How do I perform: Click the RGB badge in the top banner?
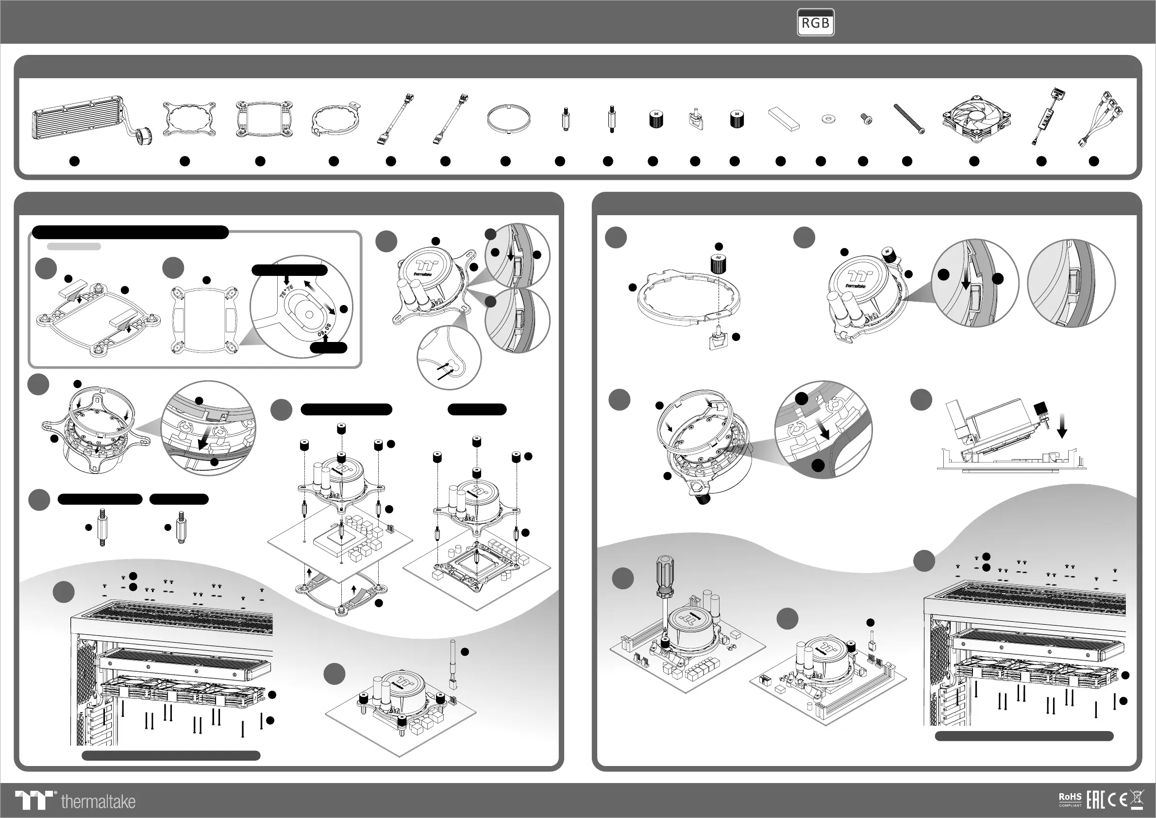(x=815, y=23)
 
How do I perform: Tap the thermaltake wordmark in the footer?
(x=98, y=801)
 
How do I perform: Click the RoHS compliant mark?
(x=1070, y=800)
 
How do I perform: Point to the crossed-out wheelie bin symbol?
(x=1138, y=799)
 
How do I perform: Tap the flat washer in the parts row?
(x=826, y=119)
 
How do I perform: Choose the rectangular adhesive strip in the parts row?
(x=784, y=119)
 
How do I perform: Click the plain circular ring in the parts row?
(x=508, y=119)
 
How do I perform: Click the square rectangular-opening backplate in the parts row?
(x=264, y=119)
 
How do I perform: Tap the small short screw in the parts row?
(x=867, y=119)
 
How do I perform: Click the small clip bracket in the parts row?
(x=695, y=119)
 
